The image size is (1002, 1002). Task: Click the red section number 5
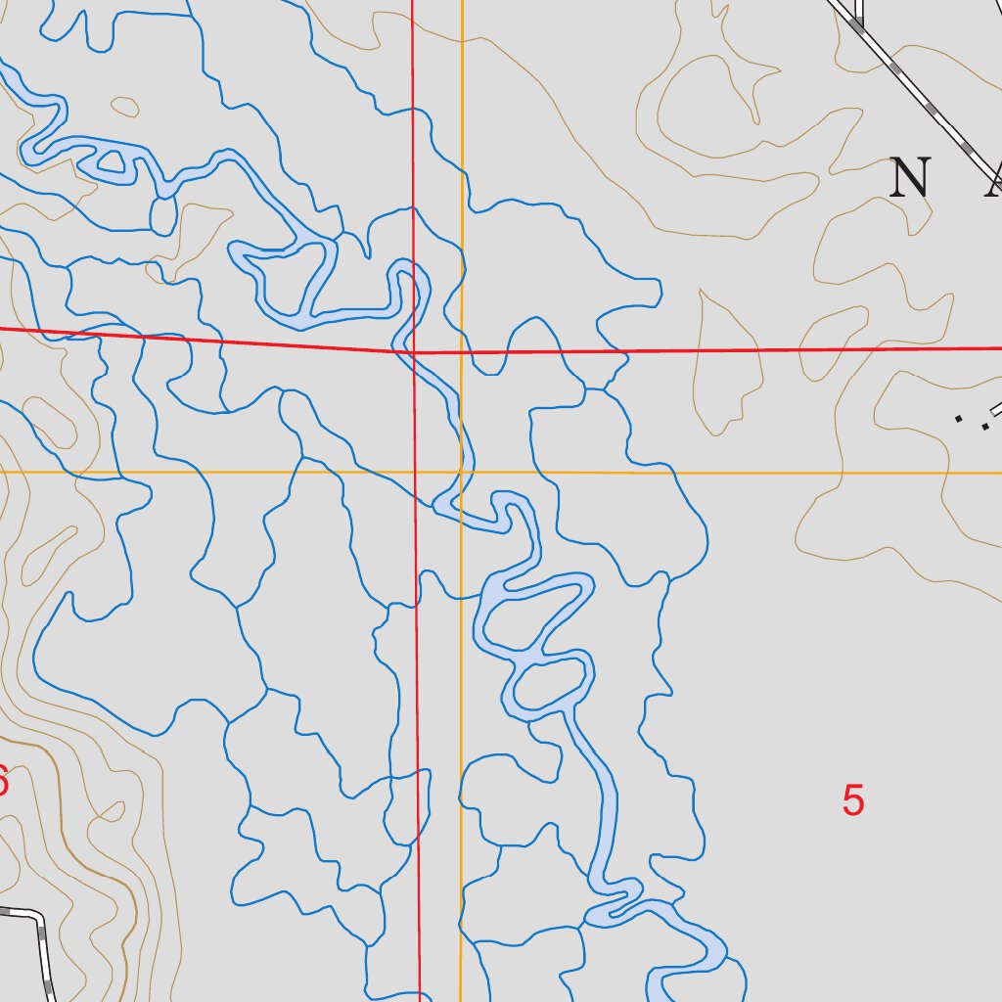(x=853, y=800)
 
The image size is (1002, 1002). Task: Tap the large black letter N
(x=910, y=178)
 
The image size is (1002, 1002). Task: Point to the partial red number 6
(x=3, y=781)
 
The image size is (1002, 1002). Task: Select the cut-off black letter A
(x=993, y=179)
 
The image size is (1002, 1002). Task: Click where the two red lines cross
(x=414, y=351)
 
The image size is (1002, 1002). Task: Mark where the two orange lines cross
(x=462, y=473)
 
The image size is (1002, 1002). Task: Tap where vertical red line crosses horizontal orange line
(x=415, y=473)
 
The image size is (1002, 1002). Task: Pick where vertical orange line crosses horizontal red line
(x=462, y=351)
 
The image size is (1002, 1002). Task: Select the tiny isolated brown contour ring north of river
(x=124, y=105)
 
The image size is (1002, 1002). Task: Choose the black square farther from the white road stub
(x=959, y=419)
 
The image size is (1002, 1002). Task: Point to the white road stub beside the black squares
(x=997, y=409)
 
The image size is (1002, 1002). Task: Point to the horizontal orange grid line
(x=685, y=473)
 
